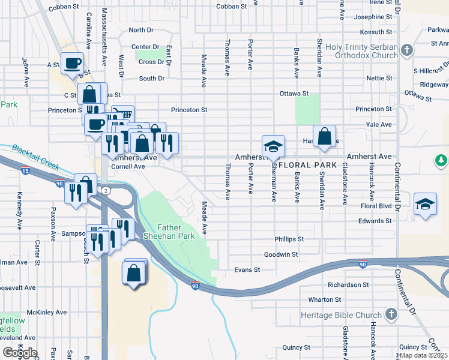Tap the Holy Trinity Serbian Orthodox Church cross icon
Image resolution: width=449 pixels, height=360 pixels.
[x=407, y=50]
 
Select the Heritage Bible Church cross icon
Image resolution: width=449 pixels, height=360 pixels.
[x=391, y=314]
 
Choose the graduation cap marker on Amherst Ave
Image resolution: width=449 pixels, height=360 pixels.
[x=273, y=146]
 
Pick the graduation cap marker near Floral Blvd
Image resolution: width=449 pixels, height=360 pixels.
[x=425, y=203]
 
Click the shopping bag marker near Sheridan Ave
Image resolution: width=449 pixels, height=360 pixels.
[x=324, y=136]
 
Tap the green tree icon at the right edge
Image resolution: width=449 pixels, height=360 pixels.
[x=441, y=160]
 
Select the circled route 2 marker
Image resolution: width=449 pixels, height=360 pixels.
[x=105, y=190]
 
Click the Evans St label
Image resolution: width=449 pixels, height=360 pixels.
[x=247, y=270]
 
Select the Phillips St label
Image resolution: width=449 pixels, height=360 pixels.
[x=289, y=239]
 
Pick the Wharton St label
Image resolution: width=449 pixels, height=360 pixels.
[x=324, y=299]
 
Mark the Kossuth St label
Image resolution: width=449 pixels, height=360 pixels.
[x=373, y=32]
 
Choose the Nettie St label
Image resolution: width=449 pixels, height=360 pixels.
[x=379, y=78]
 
